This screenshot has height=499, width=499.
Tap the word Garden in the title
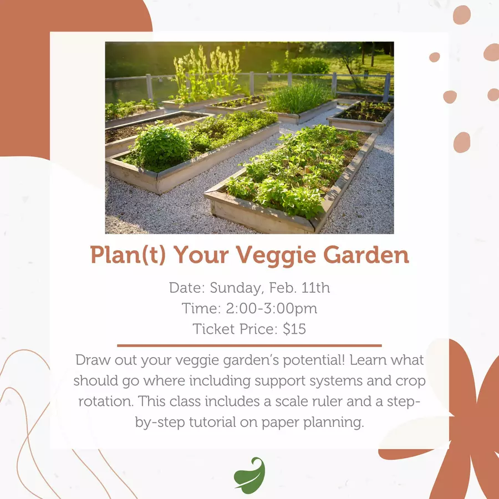366,254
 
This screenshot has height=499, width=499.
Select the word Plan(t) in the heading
128,255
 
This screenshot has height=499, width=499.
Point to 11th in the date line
315,287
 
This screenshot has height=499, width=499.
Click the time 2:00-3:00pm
272,308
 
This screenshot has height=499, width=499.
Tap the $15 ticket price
294,329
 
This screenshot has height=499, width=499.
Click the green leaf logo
249,475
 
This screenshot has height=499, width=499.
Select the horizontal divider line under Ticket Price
249,345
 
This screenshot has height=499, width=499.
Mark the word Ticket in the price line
214,329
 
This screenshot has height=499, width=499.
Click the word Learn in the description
368,360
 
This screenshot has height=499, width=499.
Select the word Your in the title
201,255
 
